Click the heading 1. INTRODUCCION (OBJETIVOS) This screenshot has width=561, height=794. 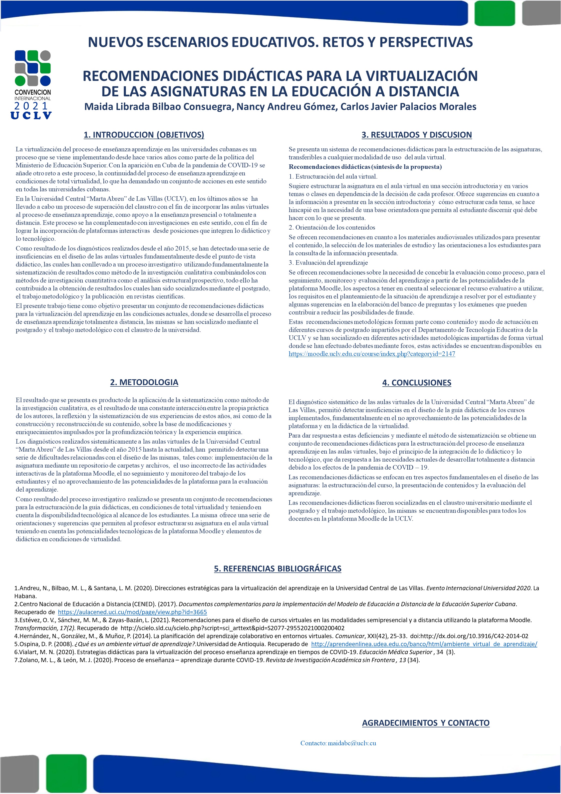pos(144,135)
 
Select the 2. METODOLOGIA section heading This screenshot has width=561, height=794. pos(144,382)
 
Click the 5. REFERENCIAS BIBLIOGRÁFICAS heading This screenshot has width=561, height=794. pos(278,568)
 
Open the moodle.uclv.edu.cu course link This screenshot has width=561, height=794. pos(372,354)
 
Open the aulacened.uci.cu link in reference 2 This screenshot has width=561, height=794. pos(132,612)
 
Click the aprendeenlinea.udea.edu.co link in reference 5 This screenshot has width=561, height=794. pos(424,644)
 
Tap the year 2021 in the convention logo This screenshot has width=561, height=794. pos(31,106)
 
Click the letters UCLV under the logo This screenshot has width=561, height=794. pos(31,115)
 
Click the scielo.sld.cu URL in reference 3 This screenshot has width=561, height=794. pos(233,628)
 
